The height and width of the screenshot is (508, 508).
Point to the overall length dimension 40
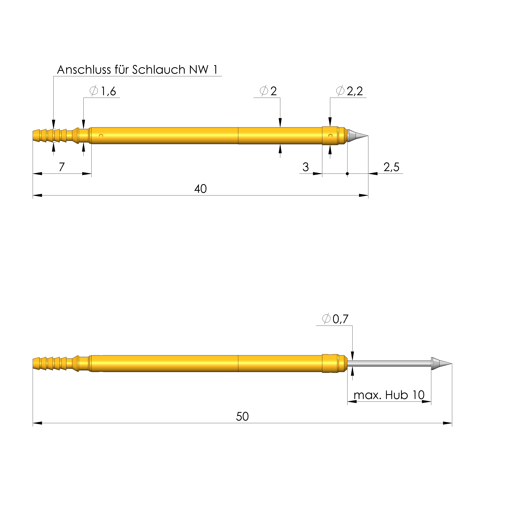pos(200,189)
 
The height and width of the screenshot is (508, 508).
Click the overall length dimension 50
pos(242,416)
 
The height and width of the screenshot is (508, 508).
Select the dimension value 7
pos(61,167)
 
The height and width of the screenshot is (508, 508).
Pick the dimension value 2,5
pos(391,167)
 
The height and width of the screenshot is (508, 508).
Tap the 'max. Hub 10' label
pos(389,395)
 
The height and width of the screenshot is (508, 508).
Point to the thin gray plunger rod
pos(389,364)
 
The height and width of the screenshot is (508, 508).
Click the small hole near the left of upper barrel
pos(101,136)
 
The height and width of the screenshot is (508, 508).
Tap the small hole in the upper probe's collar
pos(331,136)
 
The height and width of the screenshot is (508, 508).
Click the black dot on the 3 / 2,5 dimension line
pos(347,174)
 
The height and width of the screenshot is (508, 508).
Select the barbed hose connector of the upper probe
pos(50,136)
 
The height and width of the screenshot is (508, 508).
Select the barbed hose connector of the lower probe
pos(50,364)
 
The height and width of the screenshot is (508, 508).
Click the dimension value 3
pos(305,167)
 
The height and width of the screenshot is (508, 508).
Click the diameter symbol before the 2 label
pos(264,91)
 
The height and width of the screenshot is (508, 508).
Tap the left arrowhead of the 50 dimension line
pos(37,423)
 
